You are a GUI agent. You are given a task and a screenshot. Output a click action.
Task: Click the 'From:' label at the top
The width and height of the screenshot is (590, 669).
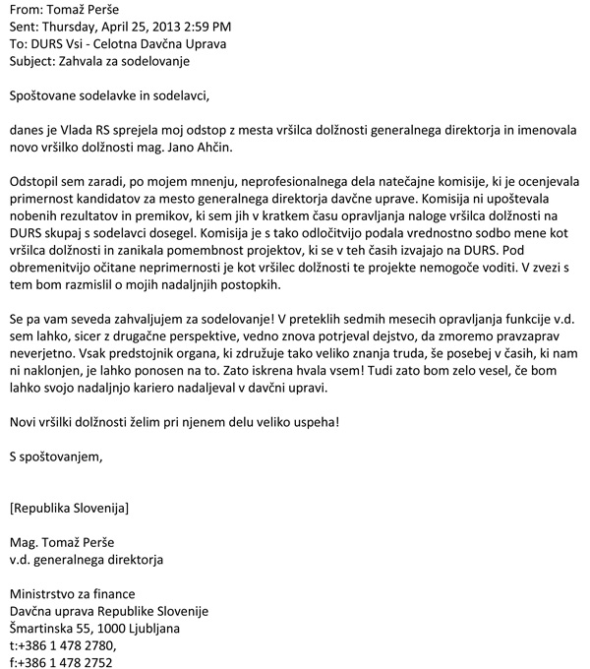[x=27, y=12]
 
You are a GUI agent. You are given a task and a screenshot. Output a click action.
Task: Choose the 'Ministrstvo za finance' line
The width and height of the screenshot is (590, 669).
[x=72, y=593]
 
